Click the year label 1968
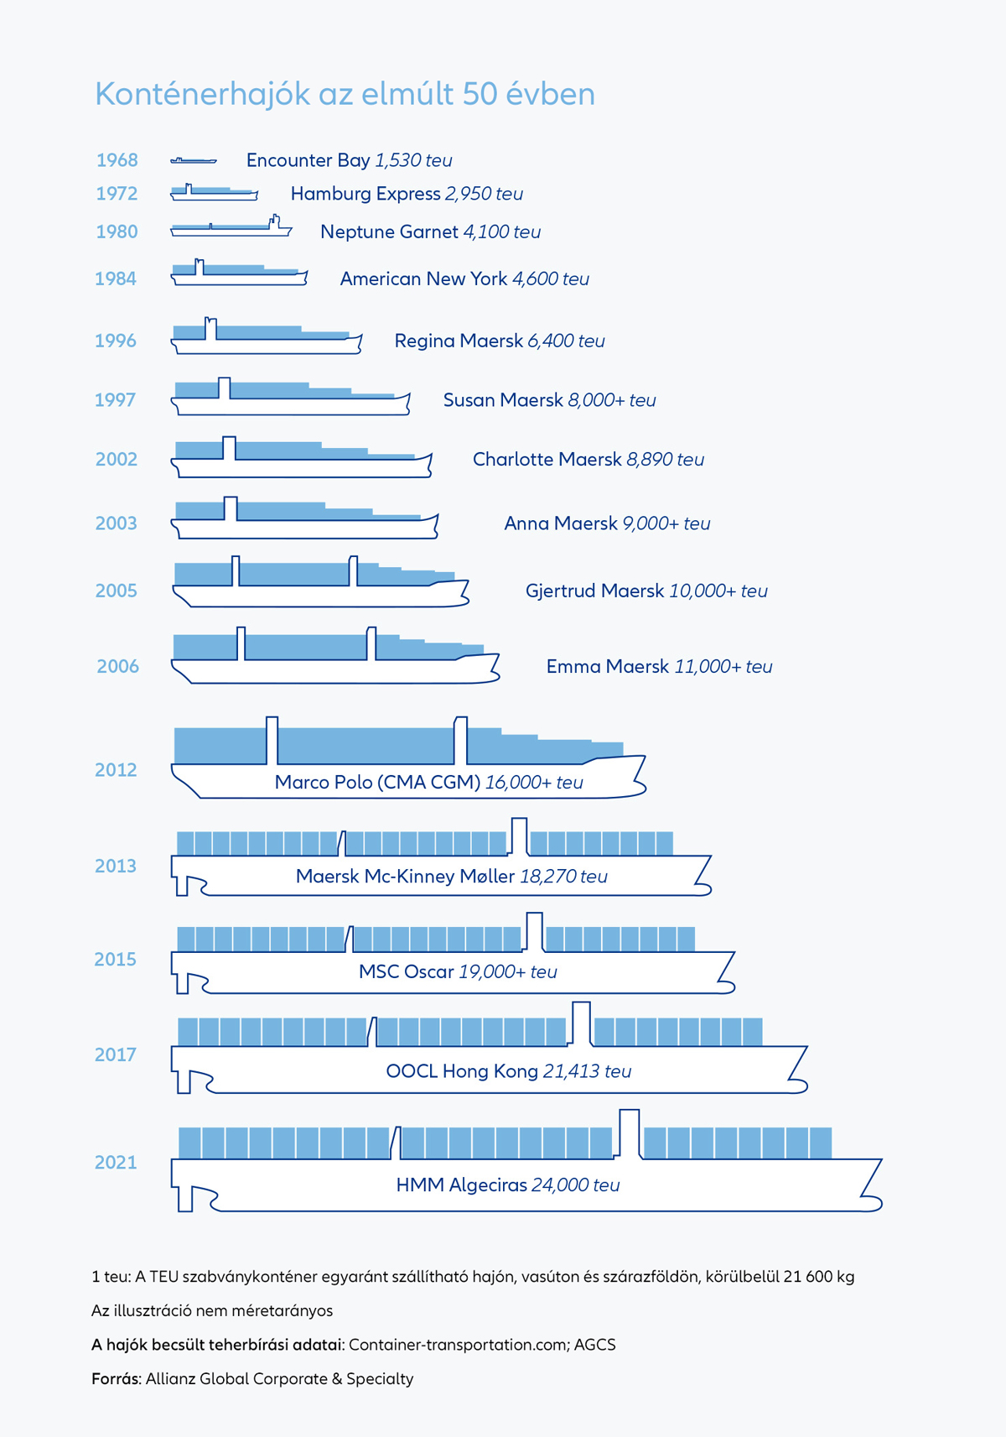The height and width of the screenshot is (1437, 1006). (x=117, y=160)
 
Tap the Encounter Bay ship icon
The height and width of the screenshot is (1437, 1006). (x=194, y=160)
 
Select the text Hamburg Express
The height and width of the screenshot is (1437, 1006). (x=366, y=194)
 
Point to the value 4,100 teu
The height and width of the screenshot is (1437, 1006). (x=501, y=232)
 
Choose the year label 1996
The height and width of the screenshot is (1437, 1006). (x=116, y=341)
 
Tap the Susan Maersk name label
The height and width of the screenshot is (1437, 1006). (x=503, y=400)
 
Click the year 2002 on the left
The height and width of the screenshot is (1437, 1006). (x=116, y=459)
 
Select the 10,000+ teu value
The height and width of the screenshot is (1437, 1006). (x=718, y=591)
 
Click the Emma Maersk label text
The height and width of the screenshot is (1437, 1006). (x=608, y=666)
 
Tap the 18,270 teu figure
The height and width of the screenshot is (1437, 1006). (x=563, y=876)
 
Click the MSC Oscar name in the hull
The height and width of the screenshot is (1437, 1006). (x=407, y=971)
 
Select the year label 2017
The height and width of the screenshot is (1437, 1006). (x=116, y=1054)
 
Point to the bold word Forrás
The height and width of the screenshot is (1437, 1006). (x=116, y=1378)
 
